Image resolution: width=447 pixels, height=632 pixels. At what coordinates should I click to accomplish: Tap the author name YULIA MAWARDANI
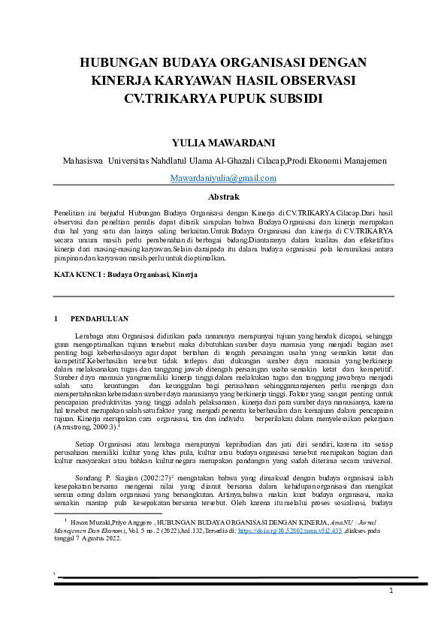[223, 143]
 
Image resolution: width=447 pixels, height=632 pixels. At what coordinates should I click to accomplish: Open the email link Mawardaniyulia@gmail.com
[223, 178]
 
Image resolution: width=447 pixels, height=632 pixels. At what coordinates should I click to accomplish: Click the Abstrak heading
[223, 196]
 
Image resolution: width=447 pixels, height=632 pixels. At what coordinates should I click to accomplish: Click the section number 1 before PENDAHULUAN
[56, 318]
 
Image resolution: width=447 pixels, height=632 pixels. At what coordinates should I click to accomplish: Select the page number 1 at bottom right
[391, 591]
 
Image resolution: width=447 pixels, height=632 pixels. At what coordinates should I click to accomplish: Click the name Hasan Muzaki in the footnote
[91, 521]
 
